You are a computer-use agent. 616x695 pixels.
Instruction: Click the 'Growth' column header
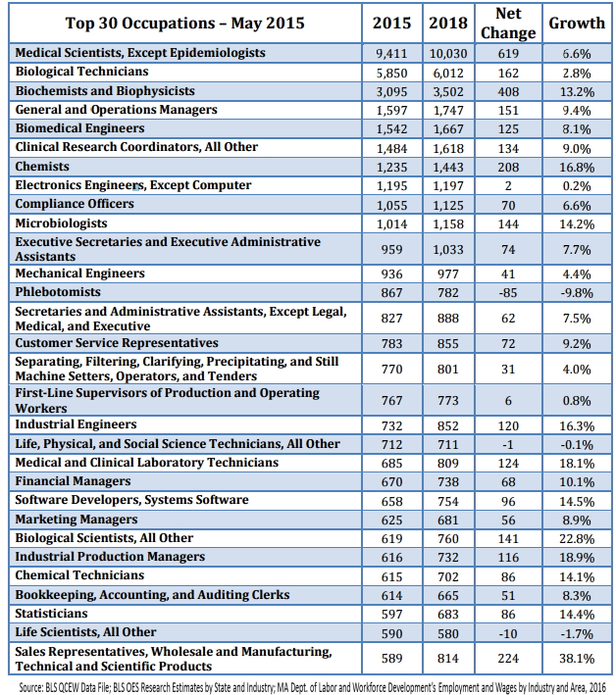point(577,24)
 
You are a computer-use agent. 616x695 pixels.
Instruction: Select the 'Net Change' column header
point(508,24)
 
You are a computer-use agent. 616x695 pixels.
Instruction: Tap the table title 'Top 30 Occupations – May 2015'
point(185,24)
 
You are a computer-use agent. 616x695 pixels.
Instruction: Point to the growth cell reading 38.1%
point(577,659)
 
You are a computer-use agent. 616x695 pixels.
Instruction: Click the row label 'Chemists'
point(42,167)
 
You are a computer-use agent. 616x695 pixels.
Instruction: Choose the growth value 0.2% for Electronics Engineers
point(577,185)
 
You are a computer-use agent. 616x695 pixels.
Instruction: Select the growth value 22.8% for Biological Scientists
point(577,538)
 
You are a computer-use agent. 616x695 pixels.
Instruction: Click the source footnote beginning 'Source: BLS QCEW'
point(307,685)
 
